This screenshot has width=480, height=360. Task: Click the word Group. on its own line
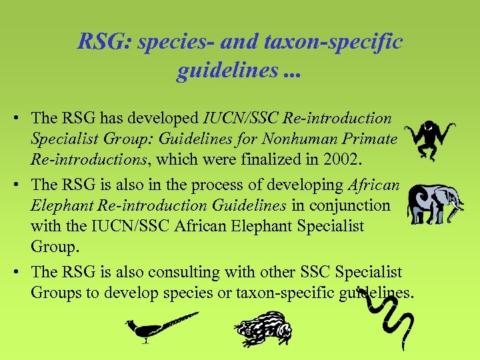click(x=55, y=247)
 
